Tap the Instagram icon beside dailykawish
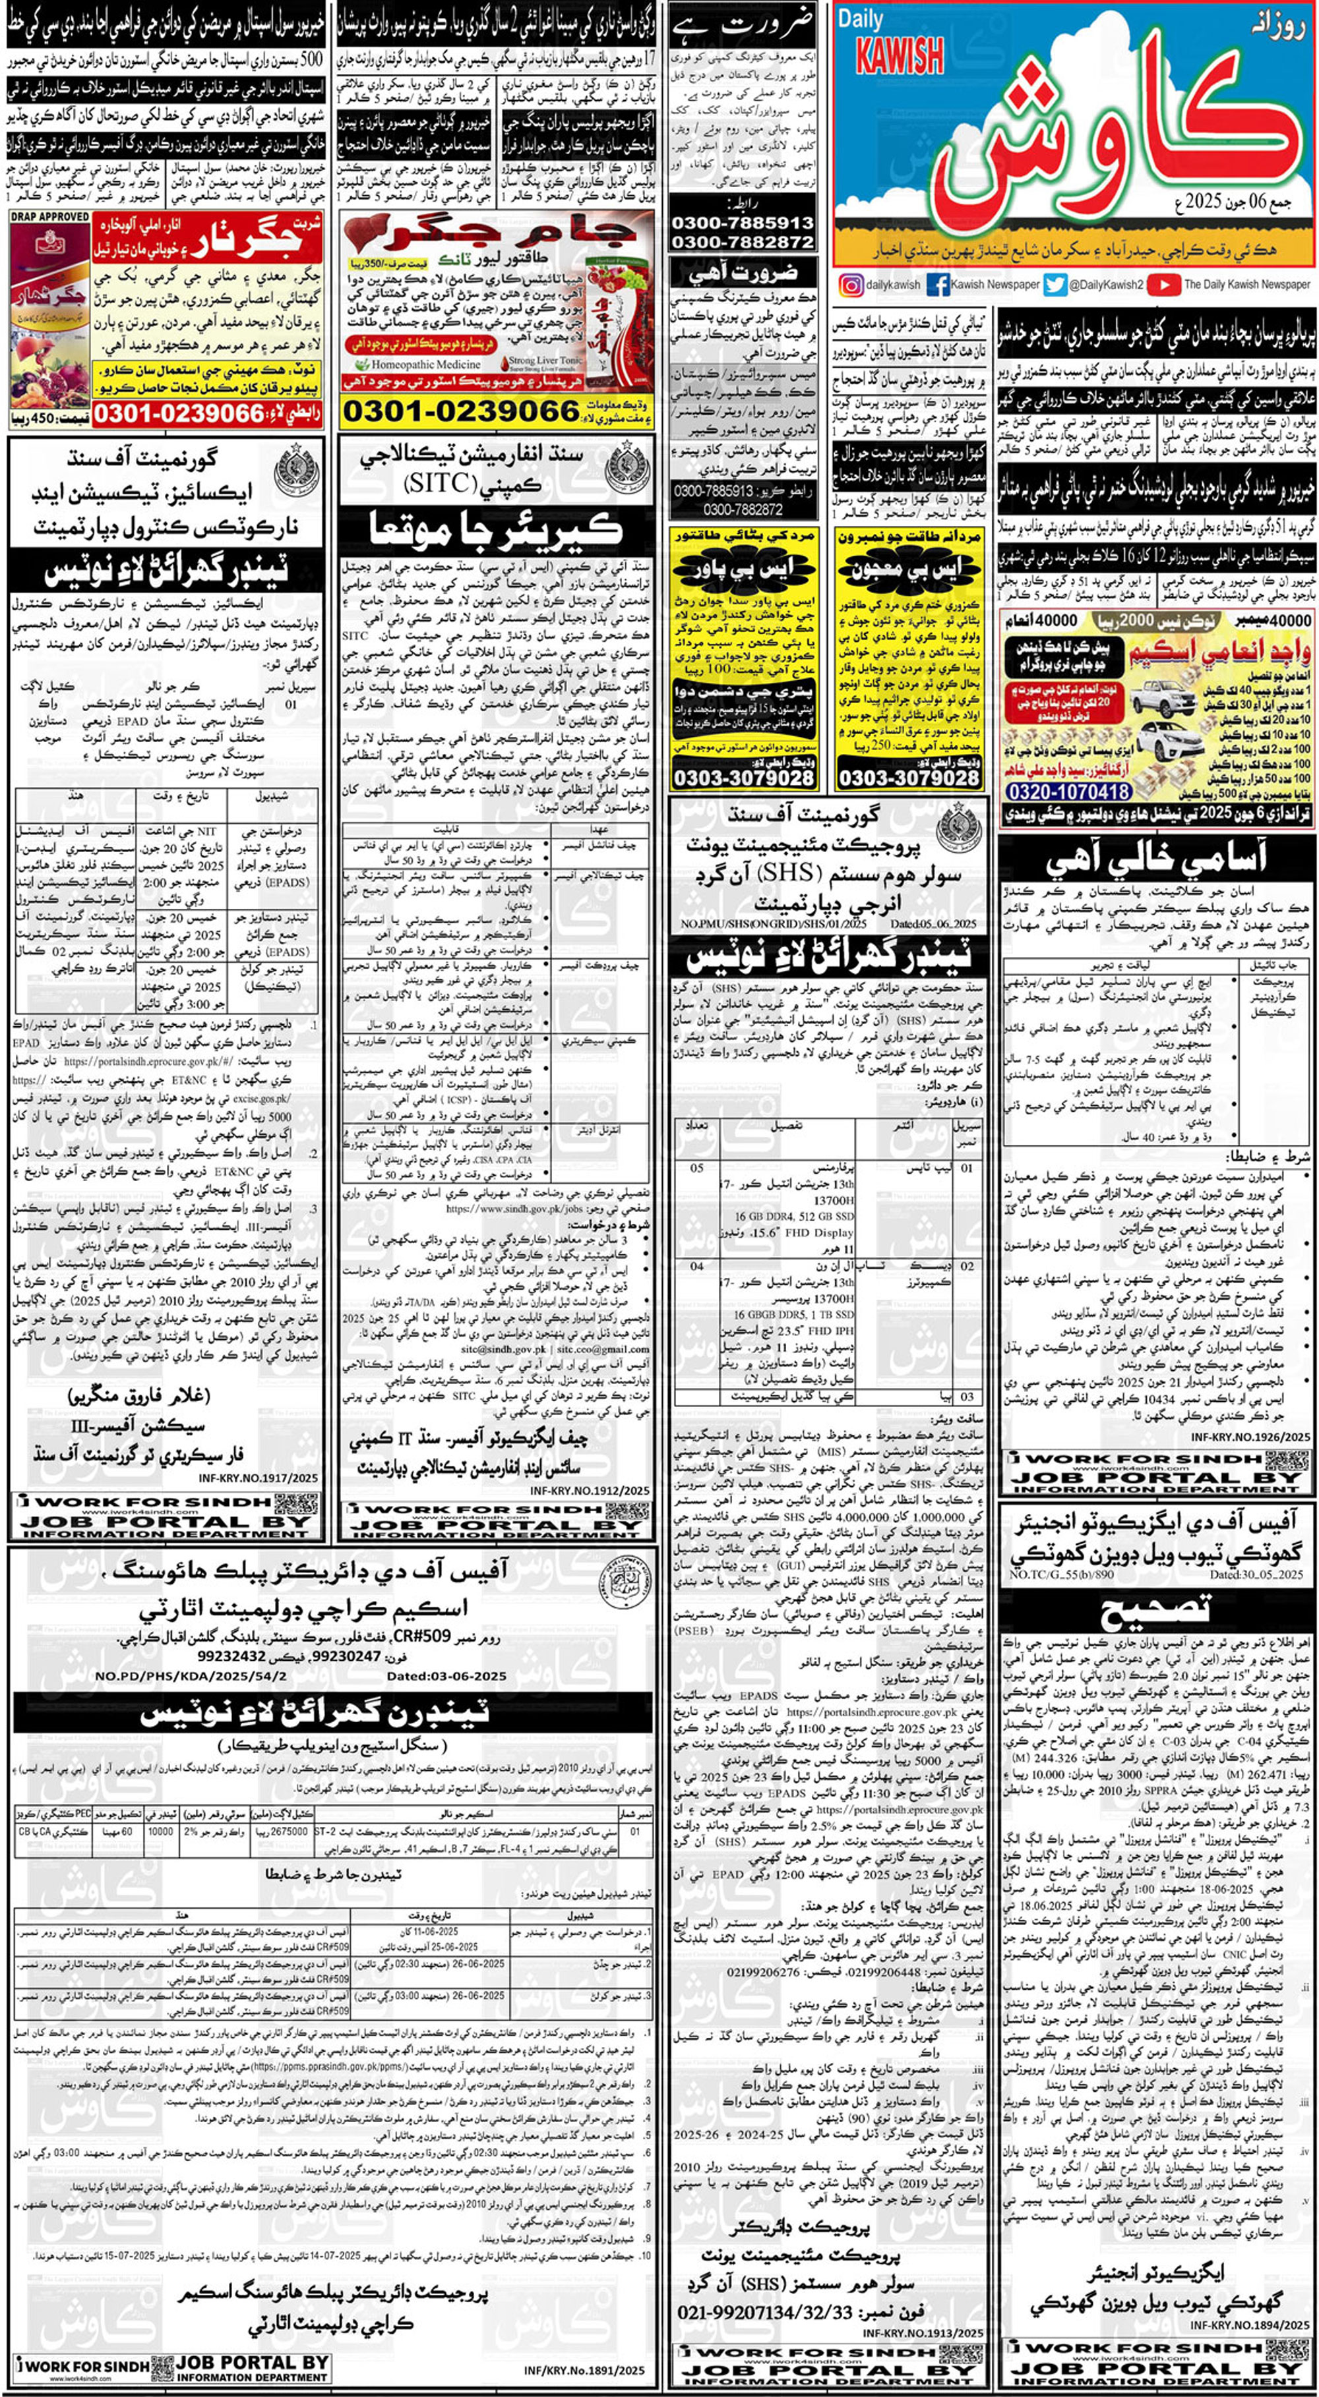point(850,285)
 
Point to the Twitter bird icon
point(1055,285)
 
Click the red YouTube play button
point(1163,285)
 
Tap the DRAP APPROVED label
point(50,217)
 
